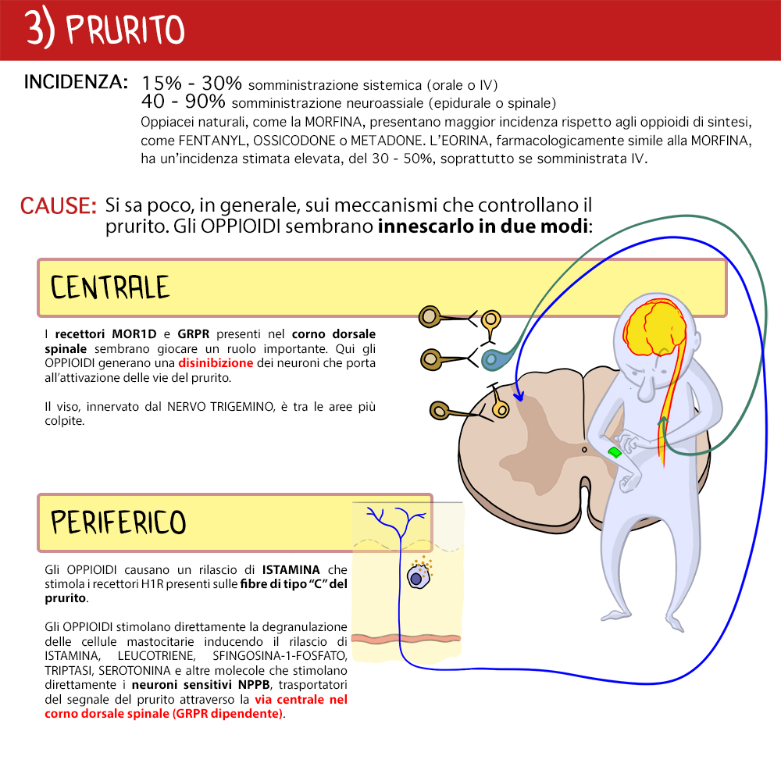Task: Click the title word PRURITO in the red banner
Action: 125,30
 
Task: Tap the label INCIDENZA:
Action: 76,82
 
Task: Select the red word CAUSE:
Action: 59,205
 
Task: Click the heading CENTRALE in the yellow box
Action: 110,287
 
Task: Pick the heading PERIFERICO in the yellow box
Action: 119,522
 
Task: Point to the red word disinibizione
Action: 216,362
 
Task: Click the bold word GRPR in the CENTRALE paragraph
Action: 193,333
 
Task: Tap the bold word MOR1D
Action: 134,333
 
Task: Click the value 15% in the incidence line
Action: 162,84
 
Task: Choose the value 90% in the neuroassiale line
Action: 205,101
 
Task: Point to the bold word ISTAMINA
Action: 291,569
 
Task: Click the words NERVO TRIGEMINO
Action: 221,406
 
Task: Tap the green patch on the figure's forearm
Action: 615,452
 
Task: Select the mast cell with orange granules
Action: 419,576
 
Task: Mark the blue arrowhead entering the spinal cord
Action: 519,396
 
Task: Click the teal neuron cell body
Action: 492,358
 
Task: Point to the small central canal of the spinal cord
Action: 584,450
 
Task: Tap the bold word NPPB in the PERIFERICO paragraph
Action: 254,684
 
